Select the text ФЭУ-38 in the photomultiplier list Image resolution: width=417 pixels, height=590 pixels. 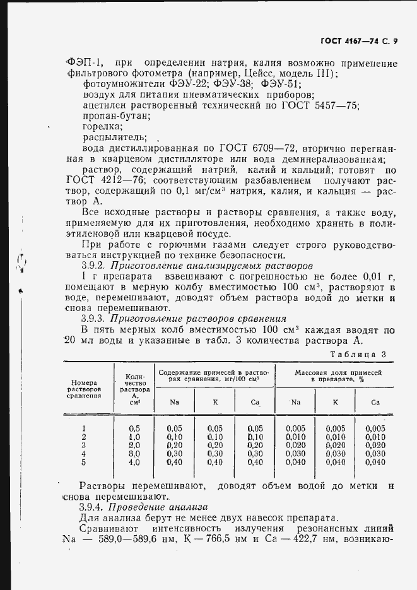(232, 84)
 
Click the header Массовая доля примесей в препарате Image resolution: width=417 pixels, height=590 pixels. (338, 377)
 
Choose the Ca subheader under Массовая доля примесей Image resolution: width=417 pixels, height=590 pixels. (375, 402)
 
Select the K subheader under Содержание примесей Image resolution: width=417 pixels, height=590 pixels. (215, 402)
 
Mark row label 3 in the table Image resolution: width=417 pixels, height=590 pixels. (84, 445)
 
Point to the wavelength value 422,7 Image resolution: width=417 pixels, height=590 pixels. (327, 540)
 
